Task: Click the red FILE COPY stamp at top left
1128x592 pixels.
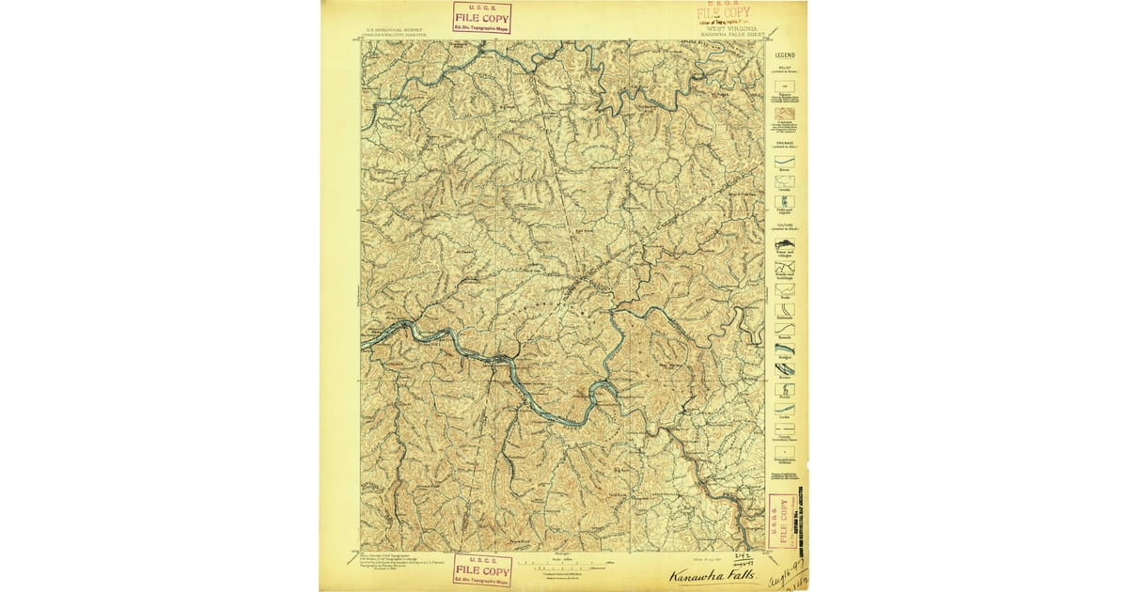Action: click(481, 17)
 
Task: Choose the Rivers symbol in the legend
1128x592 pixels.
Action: click(785, 161)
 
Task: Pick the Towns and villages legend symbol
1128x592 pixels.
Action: click(785, 244)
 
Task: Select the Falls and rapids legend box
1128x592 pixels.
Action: click(785, 201)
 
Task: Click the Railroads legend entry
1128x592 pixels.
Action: click(785, 309)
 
